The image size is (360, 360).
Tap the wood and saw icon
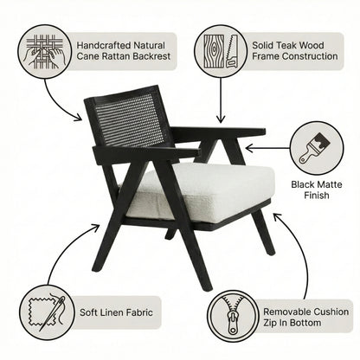[220, 51]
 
